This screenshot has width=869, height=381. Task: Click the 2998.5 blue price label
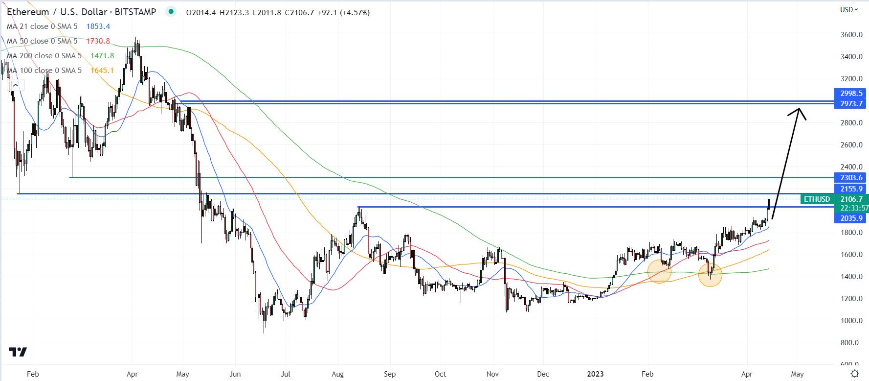pyautogui.click(x=851, y=94)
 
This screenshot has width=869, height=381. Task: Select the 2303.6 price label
pyautogui.click(x=851, y=178)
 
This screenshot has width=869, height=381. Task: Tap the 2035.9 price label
pyautogui.click(x=851, y=218)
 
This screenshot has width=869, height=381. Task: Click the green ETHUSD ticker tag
pyautogui.click(x=817, y=199)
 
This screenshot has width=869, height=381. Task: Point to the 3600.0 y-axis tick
pyautogui.click(x=851, y=35)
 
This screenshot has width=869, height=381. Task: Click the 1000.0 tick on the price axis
pyautogui.click(x=851, y=321)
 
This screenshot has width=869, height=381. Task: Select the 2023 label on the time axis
pyautogui.click(x=595, y=374)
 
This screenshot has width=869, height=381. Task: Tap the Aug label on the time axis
pyautogui.click(x=337, y=374)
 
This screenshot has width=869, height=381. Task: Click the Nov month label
pyautogui.click(x=492, y=374)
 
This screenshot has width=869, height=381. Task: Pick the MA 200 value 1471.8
pyautogui.click(x=102, y=56)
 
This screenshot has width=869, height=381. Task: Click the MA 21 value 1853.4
pyautogui.click(x=98, y=26)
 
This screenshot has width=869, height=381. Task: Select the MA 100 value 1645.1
pyautogui.click(x=102, y=71)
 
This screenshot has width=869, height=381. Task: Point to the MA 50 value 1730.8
pyautogui.click(x=98, y=41)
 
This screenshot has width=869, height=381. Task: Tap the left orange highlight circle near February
pyautogui.click(x=659, y=271)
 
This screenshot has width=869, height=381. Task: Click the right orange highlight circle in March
pyautogui.click(x=710, y=274)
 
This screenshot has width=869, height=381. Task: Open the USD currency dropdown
pyautogui.click(x=849, y=9)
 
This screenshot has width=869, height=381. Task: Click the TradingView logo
pyautogui.click(x=18, y=352)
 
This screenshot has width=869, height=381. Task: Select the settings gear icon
pyautogui.click(x=854, y=374)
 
